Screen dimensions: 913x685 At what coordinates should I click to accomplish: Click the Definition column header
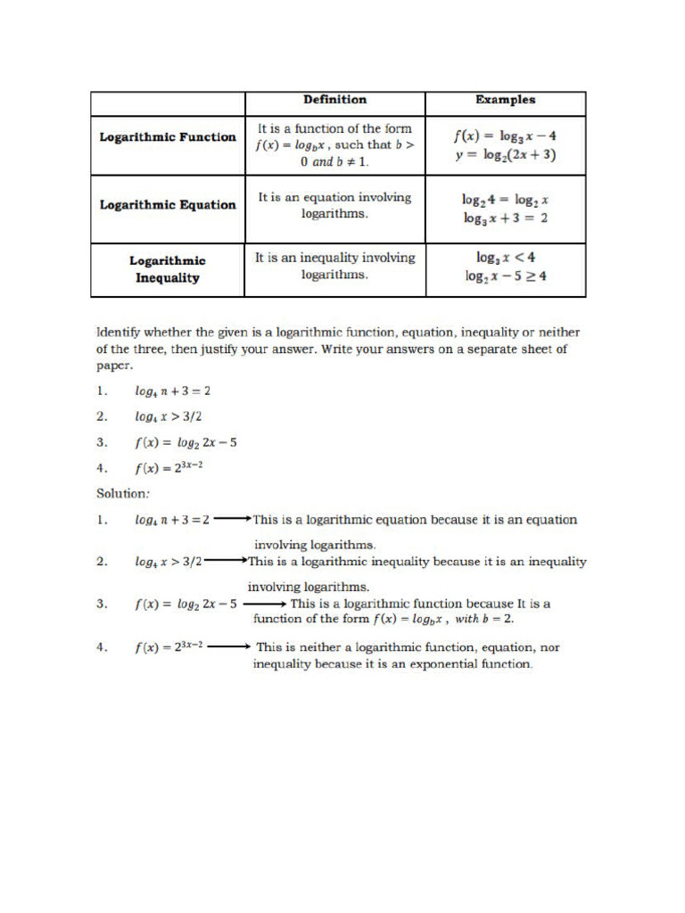[x=334, y=100]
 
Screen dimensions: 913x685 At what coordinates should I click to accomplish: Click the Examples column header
[x=505, y=100]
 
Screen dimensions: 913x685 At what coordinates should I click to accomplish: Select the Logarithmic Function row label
[x=168, y=137]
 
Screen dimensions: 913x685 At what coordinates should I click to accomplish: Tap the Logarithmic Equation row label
[x=168, y=204]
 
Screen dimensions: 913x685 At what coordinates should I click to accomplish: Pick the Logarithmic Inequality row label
[x=168, y=269]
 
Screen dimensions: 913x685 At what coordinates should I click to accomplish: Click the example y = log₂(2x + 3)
[x=505, y=155]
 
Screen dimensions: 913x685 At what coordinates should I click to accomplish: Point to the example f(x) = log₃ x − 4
[x=505, y=136]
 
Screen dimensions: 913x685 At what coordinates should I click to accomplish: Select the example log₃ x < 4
[x=505, y=258]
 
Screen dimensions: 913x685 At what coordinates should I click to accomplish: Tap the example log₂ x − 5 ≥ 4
[x=505, y=276]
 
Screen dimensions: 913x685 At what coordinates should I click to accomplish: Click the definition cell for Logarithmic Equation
[x=334, y=206]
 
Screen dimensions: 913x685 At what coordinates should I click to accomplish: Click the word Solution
[x=121, y=492]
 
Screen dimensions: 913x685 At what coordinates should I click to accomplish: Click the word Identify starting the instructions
[x=121, y=333]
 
